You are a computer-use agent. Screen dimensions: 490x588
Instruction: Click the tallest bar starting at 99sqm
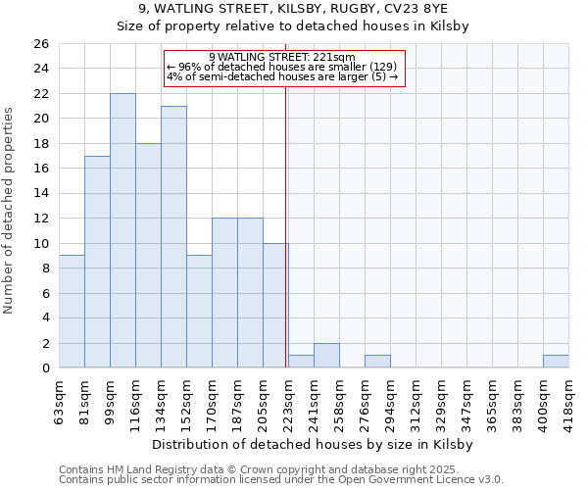(122, 230)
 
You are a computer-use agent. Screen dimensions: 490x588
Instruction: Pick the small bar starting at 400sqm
(556, 362)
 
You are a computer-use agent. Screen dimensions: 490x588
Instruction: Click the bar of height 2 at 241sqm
(326, 356)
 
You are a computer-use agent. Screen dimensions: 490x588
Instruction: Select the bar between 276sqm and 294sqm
(377, 362)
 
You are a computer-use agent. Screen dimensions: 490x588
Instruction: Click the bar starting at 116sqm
(148, 256)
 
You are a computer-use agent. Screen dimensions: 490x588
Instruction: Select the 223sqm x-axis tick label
(289, 401)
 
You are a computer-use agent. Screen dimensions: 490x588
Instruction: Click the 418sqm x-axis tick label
(569, 401)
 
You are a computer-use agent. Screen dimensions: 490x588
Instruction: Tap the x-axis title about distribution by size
(313, 445)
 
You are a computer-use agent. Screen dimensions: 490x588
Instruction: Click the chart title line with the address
(293, 9)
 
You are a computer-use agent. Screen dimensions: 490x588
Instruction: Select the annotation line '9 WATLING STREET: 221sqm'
(282, 57)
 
